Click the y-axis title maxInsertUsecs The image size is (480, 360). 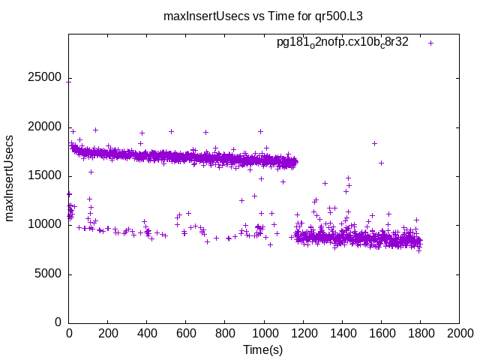[x=10, y=178]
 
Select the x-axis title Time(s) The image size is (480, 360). [x=262, y=349]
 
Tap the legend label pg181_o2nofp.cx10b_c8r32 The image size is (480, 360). [x=342, y=43]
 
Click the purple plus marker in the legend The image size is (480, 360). [x=430, y=43]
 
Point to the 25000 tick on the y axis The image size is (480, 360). [x=43, y=78]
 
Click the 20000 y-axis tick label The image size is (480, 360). [x=43, y=127]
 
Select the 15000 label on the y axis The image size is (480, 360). [x=43, y=175]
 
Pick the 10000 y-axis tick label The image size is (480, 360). [x=43, y=224]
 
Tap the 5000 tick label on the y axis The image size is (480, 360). [x=46, y=274]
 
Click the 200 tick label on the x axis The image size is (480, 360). [x=108, y=334]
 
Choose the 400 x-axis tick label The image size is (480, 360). [x=147, y=334]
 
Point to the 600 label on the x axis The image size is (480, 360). [x=186, y=334]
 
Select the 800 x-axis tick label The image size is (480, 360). [x=225, y=334]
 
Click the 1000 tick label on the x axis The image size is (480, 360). [x=264, y=334]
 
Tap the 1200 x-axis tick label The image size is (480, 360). [x=303, y=334]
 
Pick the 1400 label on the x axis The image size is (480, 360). [x=342, y=334]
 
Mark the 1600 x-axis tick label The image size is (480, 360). [x=381, y=334]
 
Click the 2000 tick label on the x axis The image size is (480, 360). [x=459, y=334]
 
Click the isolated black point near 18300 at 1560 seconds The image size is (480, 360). [x=373, y=143]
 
